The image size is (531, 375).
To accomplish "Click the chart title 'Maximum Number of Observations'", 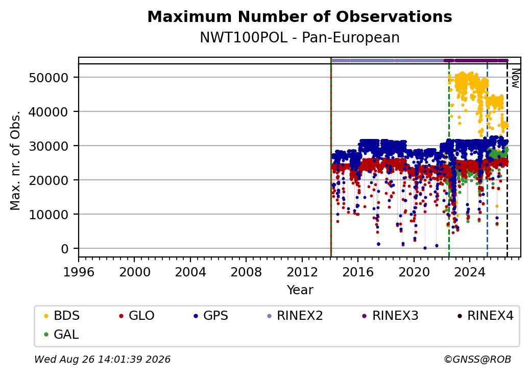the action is pyautogui.click(x=300, y=16).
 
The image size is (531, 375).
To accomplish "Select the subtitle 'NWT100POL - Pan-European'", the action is pyautogui.click(x=300, y=37).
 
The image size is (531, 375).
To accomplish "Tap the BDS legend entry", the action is pyautogui.click(x=62, y=316).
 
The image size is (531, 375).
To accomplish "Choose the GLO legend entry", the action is pyautogui.click(x=137, y=316).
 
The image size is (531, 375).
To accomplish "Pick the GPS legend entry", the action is pyautogui.click(x=211, y=316).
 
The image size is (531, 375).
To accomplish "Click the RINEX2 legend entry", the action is pyautogui.click(x=295, y=316).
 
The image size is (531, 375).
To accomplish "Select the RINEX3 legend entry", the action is pyautogui.click(x=391, y=316).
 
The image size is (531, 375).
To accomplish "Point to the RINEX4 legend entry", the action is pyautogui.click(x=485, y=316).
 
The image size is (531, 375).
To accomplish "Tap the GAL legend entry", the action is pyautogui.click(x=61, y=335).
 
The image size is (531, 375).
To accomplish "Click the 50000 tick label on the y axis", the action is pyautogui.click(x=49, y=78).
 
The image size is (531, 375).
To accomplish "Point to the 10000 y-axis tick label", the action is pyautogui.click(x=49, y=215).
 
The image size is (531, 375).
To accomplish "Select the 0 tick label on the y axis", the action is pyautogui.click(x=65, y=249).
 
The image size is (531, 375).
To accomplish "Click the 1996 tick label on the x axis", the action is pyautogui.click(x=79, y=272).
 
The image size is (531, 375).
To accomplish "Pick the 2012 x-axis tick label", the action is pyautogui.click(x=302, y=272).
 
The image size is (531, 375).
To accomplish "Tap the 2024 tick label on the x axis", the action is pyautogui.click(x=470, y=272).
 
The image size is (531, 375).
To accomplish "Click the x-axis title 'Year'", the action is pyautogui.click(x=300, y=290).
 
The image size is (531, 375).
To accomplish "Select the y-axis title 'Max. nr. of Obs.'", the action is pyautogui.click(x=15, y=160).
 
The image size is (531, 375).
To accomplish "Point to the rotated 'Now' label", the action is pyautogui.click(x=515, y=78).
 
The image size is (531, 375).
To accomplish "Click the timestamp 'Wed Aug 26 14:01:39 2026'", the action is pyautogui.click(x=102, y=359).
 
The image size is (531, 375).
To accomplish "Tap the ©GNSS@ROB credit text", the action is pyautogui.click(x=477, y=359).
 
